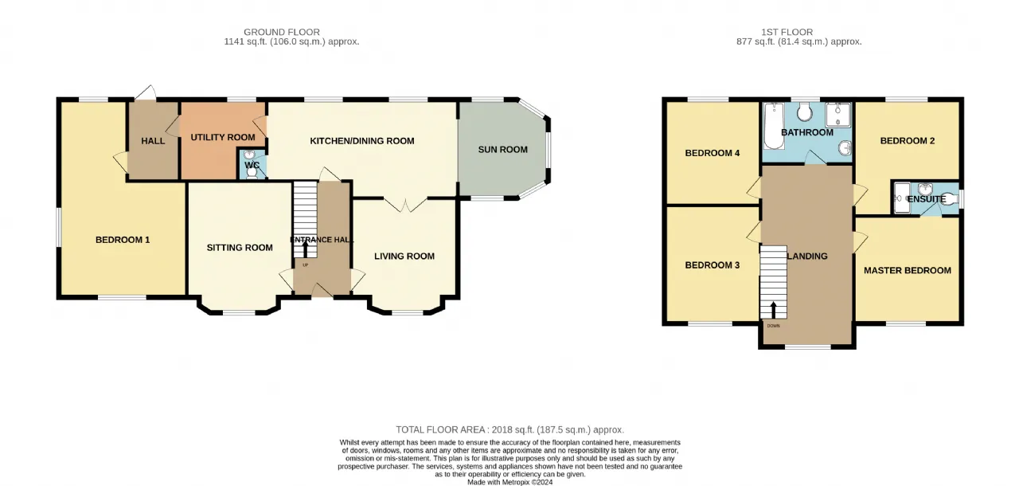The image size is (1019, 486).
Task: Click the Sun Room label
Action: click(502, 149)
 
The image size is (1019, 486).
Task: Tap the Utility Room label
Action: click(222, 137)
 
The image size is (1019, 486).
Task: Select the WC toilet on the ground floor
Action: click(252, 172)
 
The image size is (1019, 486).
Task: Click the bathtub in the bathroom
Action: click(774, 126)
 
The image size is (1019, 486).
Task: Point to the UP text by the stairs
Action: click(305, 265)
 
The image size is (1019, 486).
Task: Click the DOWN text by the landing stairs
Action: click(773, 326)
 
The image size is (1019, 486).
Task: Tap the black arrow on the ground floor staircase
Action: click(305, 250)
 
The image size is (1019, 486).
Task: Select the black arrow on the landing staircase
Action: click(773, 311)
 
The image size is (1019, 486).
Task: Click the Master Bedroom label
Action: click(908, 270)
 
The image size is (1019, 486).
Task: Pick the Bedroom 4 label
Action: click(713, 153)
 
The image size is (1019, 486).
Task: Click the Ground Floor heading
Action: click(282, 32)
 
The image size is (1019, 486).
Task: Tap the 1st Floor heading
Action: click(787, 32)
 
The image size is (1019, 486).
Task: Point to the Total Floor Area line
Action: click(510, 429)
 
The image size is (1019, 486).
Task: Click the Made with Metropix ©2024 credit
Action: click(510, 482)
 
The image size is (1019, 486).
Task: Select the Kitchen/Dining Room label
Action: click(362, 141)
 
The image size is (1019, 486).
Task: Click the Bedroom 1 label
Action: click(123, 240)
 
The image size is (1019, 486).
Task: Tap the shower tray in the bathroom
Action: click(838, 115)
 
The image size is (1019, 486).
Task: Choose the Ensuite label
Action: click(927, 199)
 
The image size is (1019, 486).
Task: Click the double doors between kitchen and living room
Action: click(406, 205)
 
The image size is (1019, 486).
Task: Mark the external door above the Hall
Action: click(146, 92)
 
